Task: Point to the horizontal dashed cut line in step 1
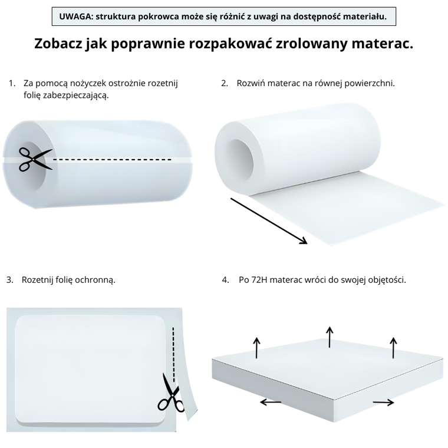click(112, 160)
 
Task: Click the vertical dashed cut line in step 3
click(173, 348)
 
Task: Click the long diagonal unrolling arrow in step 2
click(268, 220)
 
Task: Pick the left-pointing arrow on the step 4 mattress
click(271, 402)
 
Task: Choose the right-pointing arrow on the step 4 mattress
click(383, 403)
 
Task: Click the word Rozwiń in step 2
click(251, 84)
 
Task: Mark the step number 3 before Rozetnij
click(10, 279)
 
